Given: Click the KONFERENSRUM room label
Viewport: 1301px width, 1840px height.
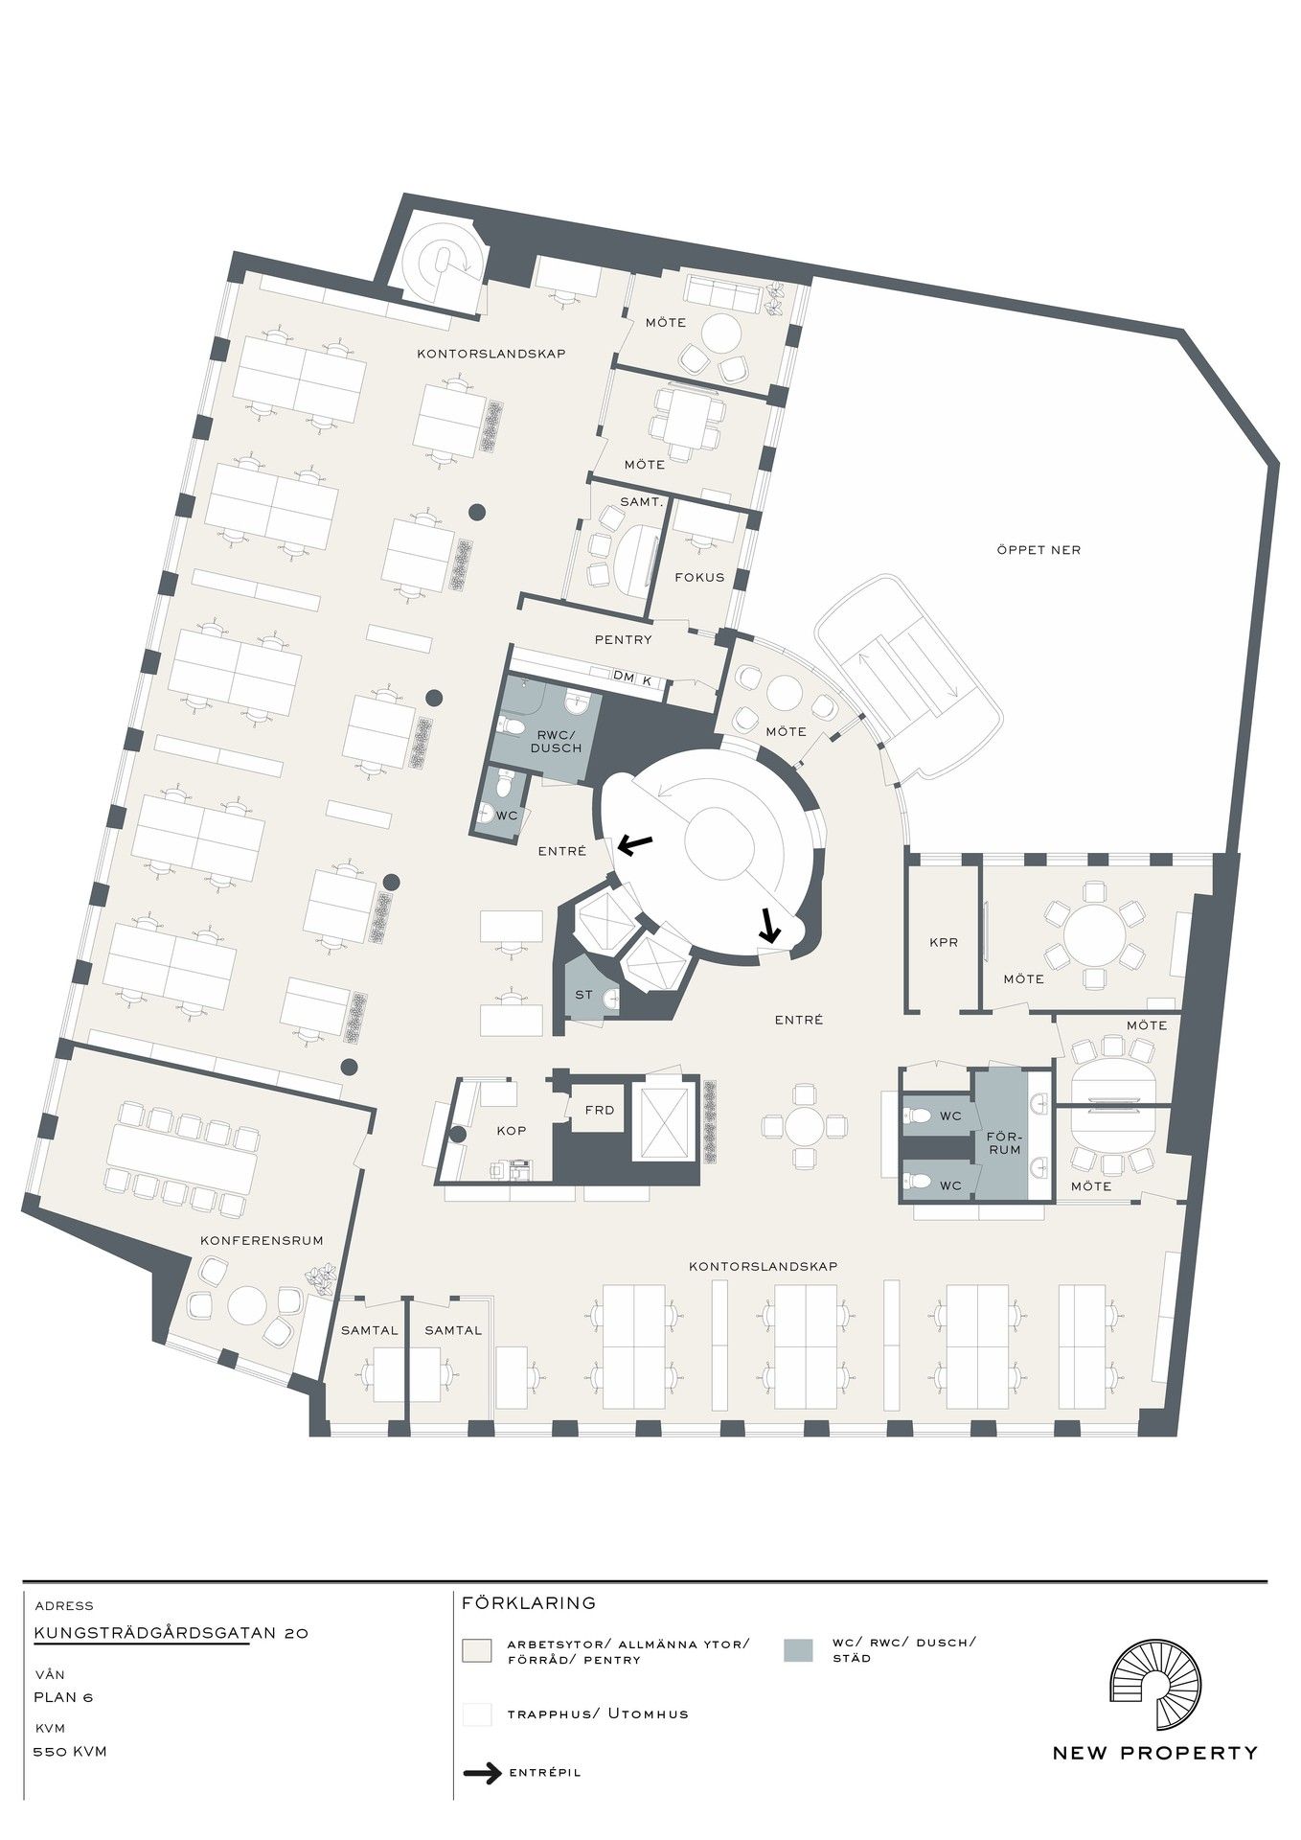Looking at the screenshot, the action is (x=262, y=1240).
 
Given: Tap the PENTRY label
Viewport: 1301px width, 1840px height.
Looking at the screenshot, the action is (x=623, y=639).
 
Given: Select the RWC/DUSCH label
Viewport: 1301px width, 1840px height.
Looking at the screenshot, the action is (x=556, y=741).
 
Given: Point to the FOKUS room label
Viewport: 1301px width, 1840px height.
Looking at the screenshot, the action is (x=699, y=577).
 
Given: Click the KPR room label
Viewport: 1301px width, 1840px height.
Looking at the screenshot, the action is (x=944, y=942).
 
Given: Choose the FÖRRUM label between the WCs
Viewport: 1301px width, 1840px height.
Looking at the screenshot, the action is (x=1004, y=1142).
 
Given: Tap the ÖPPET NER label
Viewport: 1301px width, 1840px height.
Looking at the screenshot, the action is (x=1039, y=550).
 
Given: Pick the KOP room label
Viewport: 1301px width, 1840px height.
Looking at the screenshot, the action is (x=512, y=1131).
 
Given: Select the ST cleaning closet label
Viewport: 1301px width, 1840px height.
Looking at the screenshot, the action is (x=583, y=995).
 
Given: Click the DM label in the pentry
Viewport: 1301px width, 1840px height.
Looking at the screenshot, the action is (x=624, y=678).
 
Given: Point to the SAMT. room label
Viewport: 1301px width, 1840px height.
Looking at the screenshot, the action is (x=642, y=502).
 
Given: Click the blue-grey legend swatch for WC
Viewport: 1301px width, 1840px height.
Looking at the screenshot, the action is (x=798, y=1650).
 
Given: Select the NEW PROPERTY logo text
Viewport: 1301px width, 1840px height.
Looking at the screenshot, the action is (x=1155, y=1753).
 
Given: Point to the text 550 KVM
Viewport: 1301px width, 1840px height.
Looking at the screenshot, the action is (x=70, y=1752).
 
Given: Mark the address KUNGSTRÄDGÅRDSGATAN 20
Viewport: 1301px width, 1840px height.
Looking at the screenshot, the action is (x=171, y=1633).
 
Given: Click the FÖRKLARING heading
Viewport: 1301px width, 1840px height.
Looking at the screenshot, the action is (x=529, y=1602).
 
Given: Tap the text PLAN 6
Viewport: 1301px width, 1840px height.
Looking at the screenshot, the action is (x=63, y=1697).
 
